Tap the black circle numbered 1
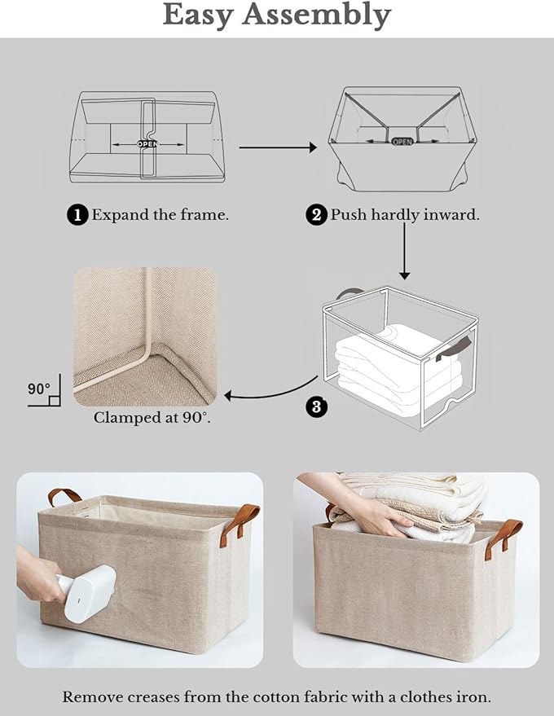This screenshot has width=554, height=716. (77, 215)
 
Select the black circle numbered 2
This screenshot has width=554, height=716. (316, 215)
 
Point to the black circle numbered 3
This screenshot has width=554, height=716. (316, 406)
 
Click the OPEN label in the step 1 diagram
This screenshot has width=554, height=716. (147, 143)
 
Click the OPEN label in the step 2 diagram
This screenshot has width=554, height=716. (402, 141)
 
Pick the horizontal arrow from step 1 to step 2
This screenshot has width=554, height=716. (277, 147)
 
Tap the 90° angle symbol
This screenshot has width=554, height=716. (41, 392)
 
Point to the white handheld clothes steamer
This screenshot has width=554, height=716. (85, 592)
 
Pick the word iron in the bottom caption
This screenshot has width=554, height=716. (473, 697)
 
